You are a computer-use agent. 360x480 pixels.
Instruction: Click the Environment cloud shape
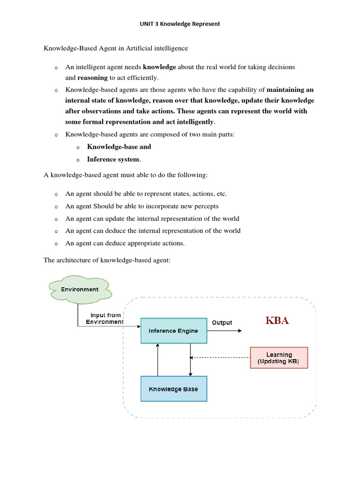tap(80, 289)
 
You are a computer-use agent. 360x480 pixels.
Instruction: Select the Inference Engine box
tap(173, 330)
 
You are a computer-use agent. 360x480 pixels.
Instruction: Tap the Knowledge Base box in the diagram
tap(173, 389)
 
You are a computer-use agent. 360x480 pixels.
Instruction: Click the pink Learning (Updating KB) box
tap(279, 358)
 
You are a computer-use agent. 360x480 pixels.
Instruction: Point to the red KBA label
tap(277, 321)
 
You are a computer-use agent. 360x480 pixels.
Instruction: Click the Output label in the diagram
tap(222, 322)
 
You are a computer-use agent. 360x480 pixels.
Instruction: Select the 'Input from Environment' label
tap(105, 319)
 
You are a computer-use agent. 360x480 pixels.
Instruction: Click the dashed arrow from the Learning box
tap(220, 357)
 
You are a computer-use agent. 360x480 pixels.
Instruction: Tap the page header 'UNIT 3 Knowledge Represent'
tap(180, 24)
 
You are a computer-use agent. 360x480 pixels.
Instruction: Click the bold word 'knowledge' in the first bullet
tap(159, 67)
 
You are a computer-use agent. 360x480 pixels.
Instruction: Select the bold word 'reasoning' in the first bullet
tap(92, 78)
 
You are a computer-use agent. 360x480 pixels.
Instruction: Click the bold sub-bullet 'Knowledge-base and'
tap(119, 147)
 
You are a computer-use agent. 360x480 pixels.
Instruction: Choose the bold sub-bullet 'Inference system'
tap(113, 159)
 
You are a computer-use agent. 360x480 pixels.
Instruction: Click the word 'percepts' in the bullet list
tap(206, 206)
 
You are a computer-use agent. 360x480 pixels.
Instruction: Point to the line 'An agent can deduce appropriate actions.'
tap(125, 243)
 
